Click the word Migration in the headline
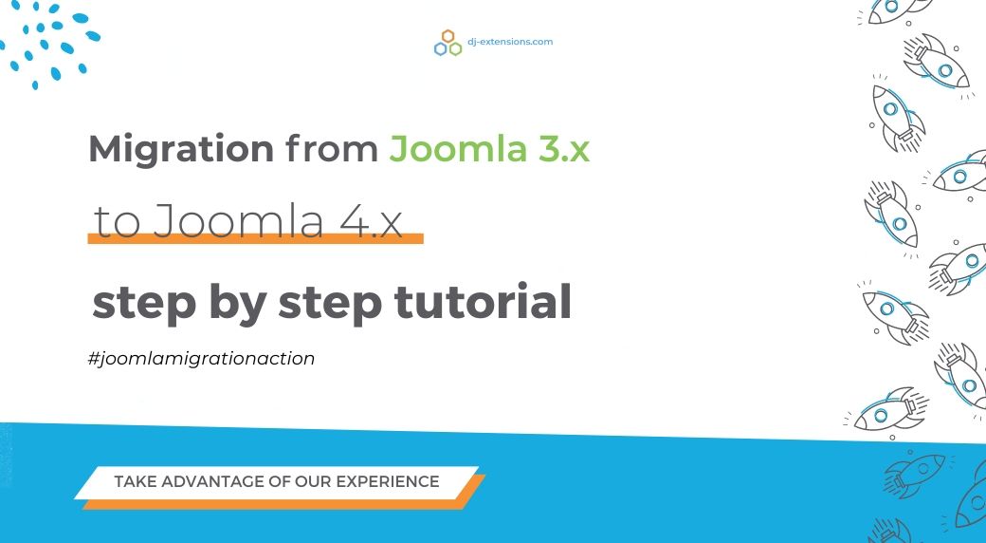(x=181, y=150)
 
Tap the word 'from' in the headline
(x=332, y=149)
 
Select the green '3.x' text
(x=563, y=149)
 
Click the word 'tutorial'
(x=483, y=303)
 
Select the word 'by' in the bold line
(x=237, y=305)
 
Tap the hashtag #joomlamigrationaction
(x=201, y=359)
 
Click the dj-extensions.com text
(x=510, y=42)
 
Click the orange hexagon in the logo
(x=447, y=36)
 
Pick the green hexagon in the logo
(x=455, y=49)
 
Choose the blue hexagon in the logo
(x=440, y=49)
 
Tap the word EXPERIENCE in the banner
(x=388, y=482)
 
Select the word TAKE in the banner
(x=136, y=482)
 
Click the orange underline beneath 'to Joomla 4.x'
(x=255, y=238)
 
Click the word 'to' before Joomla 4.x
(x=117, y=222)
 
